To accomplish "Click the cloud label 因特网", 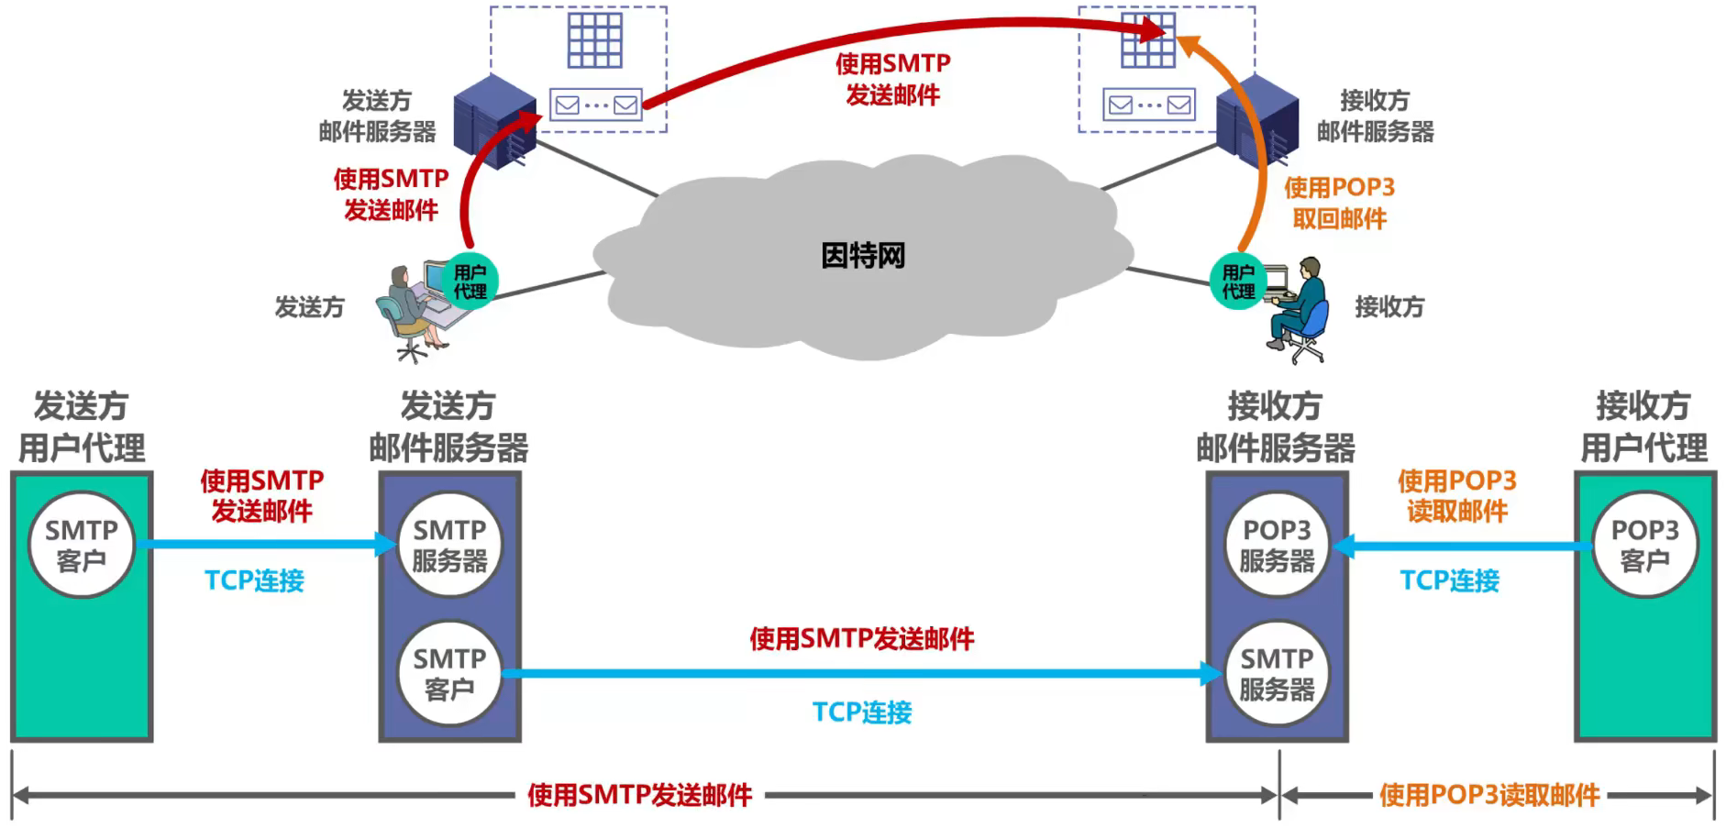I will click(x=863, y=255).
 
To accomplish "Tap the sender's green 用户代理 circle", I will click(x=470, y=281).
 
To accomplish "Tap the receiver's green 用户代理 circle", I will click(x=1237, y=282).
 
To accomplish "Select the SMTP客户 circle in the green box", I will click(x=82, y=545).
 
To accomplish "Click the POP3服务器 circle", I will click(x=1277, y=545).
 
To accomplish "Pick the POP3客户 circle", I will click(x=1644, y=545).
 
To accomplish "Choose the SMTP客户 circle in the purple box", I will click(x=449, y=673).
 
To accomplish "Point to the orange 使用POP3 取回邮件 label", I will click(x=1339, y=203).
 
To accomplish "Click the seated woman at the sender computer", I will click(x=409, y=312).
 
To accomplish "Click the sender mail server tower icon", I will click(x=493, y=121).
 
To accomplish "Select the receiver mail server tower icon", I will click(x=1257, y=119).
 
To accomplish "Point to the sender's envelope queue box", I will click(x=596, y=105).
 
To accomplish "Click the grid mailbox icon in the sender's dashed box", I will click(x=595, y=39).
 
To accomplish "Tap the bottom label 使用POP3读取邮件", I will click(x=1489, y=795).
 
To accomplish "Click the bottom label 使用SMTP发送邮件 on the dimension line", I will click(x=639, y=795).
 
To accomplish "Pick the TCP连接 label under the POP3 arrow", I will click(x=1449, y=580).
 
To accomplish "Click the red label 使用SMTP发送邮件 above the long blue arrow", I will click(x=862, y=638).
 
